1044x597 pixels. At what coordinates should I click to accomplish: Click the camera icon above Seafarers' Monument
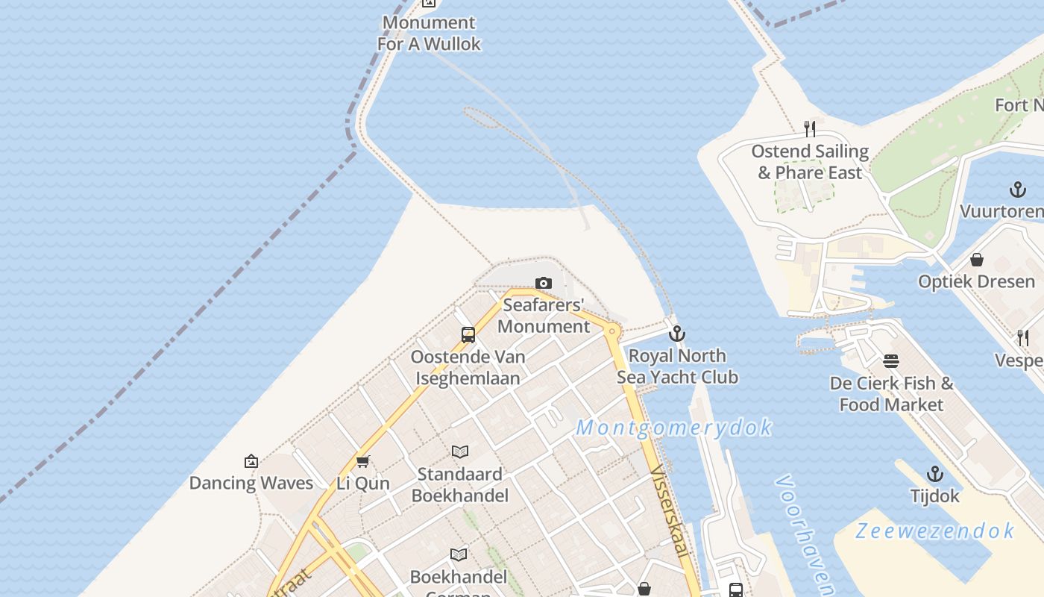(544, 284)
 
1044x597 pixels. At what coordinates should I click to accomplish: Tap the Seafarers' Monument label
(544, 316)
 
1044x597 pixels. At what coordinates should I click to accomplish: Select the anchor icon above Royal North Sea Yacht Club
(677, 334)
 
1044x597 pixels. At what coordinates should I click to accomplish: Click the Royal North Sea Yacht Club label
(677, 366)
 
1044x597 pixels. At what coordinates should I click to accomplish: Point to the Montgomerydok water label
(674, 428)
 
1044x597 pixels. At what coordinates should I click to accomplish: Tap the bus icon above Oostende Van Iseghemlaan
(468, 335)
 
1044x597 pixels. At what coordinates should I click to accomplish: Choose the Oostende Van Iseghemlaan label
(468, 368)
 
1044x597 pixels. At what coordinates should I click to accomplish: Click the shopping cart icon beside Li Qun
(363, 461)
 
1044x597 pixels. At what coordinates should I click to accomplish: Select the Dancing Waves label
(251, 483)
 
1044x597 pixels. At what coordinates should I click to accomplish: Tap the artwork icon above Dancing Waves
(251, 461)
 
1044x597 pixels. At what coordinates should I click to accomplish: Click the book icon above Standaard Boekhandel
(460, 451)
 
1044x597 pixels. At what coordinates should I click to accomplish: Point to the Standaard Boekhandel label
(460, 484)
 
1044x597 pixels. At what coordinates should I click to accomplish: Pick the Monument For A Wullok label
(429, 34)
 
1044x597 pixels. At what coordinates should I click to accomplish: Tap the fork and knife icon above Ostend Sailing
(810, 129)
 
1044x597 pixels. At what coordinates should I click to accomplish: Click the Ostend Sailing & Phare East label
(810, 162)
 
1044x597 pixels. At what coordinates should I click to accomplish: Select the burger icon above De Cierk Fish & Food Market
(891, 361)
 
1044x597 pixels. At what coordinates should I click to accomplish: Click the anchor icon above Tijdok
(934, 474)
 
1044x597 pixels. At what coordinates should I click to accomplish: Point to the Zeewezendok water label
(934, 531)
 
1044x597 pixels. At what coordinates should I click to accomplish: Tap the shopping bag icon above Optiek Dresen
(977, 260)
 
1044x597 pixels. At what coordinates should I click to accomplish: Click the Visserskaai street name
(669, 511)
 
